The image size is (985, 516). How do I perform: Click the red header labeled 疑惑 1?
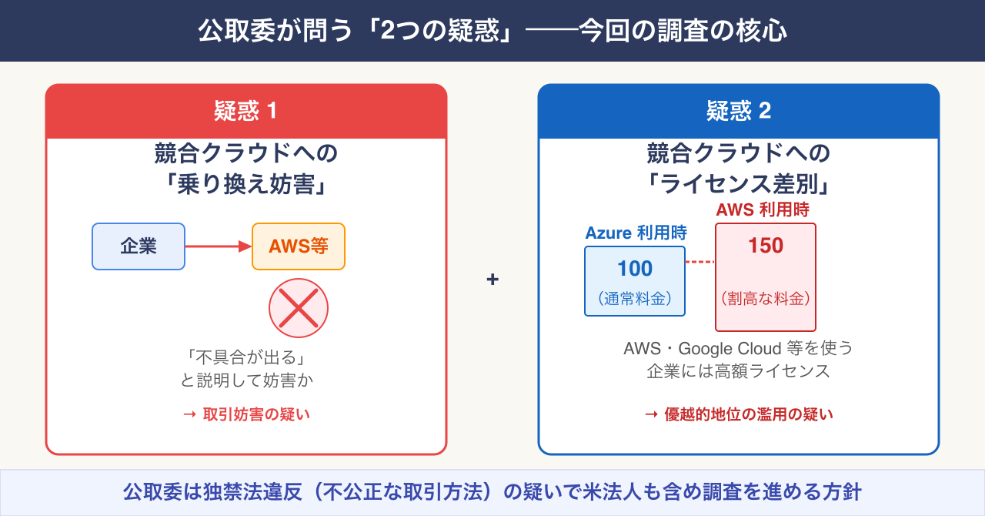tap(245, 112)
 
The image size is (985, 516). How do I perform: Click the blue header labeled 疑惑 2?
tap(738, 112)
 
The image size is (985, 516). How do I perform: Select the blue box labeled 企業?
tap(139, 246)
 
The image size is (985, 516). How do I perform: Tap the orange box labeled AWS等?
tap(299, 246)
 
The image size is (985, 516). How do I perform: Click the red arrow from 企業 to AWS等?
tap(219, 246)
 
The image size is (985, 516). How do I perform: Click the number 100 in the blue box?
tap(635, 269)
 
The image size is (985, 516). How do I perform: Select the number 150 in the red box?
tap(766, 246)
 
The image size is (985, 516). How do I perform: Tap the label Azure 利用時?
tap(636, 233)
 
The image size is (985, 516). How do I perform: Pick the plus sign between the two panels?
tap(492, 279)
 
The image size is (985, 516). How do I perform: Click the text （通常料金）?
tap(635, 300)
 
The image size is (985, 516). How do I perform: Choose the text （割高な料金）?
tap(766, 298)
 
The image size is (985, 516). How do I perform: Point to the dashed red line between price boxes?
tap(700, 262)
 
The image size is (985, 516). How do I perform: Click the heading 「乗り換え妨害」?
tap(245, 186)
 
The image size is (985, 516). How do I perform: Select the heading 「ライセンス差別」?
tap(738, 186)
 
